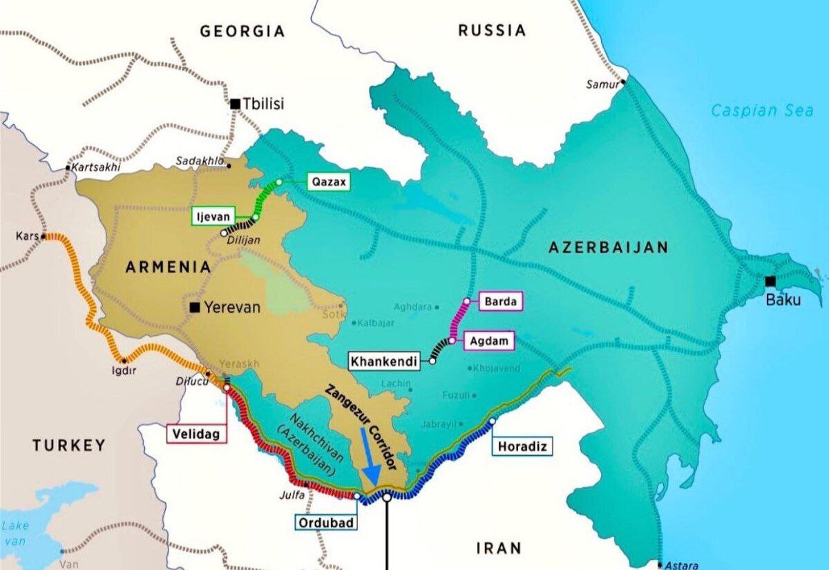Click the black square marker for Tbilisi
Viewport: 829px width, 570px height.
(x=236, y=104)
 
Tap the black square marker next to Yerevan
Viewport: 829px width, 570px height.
(x=196, y=307)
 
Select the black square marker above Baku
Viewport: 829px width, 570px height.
(x=770, y=281)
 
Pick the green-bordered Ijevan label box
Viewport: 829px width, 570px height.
(x=214, y=216)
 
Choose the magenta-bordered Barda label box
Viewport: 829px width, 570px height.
(x=500, y=301)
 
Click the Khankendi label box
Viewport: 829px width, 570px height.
(x=384, y=361)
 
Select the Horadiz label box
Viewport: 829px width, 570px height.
(x=522, y=447)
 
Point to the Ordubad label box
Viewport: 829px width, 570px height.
(x=327, y=522)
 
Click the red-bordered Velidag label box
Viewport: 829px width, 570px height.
(x=196, y=433)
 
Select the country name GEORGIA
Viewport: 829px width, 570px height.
(x=242, y=31)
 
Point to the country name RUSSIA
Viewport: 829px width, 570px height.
(x=492, y=30)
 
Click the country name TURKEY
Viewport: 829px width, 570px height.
(x=69, y=446)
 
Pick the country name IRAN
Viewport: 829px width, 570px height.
(x=499, y=549)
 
